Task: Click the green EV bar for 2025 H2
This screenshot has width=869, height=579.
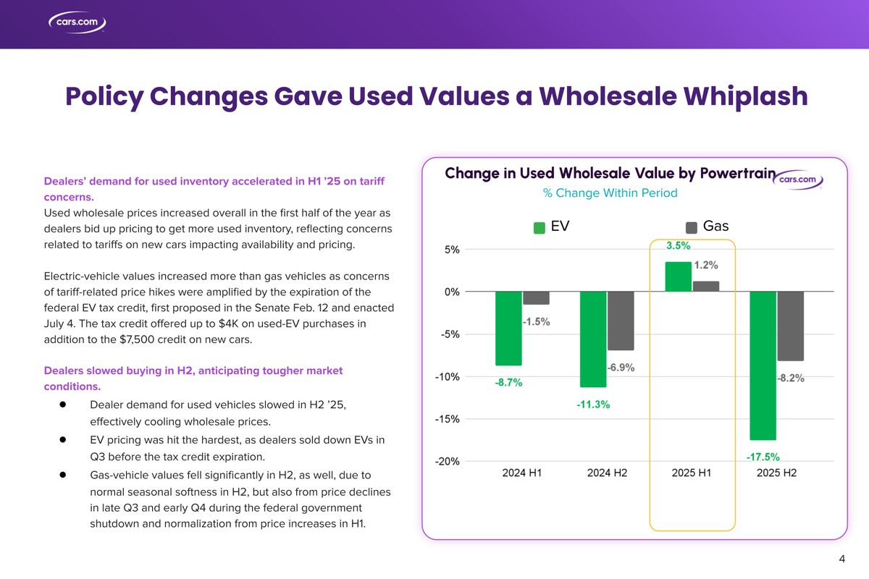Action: (763, 365)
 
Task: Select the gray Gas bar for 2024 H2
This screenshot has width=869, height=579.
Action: (621, 321)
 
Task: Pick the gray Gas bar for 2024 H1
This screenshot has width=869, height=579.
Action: (536, 298)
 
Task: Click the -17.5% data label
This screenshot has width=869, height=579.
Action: (763, 457)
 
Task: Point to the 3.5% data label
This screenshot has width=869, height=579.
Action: (678, 246)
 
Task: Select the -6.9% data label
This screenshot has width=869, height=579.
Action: (621, 368)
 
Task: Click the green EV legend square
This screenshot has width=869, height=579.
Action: (540, 228)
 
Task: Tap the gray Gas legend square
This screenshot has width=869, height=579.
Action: (691, 228)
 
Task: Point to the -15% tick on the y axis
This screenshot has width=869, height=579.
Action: (446, 419)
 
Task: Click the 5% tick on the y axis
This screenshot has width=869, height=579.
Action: (451, 250)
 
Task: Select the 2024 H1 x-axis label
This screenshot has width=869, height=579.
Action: (522, 473)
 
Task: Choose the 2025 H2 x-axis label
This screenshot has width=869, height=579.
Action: (776, 473)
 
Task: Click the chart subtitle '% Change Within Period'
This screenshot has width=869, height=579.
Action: (610, 193)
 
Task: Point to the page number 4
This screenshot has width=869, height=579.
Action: (842, 558)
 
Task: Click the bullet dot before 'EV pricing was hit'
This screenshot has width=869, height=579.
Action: (63, 439)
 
